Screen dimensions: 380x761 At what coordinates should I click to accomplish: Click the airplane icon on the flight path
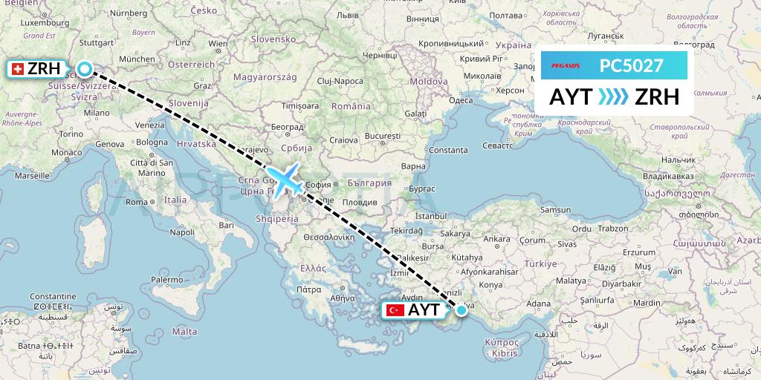click(x=285, y=180)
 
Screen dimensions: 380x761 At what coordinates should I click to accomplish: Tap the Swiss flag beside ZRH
click(x=16, y=69)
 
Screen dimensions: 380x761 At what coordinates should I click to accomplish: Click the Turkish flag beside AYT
click(x=395, y=310)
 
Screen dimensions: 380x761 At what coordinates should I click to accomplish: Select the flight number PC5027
click(x=631, y=65)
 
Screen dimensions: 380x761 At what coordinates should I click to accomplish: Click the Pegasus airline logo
click(x=569, y=65)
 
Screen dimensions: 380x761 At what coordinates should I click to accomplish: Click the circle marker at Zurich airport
click(x=85, y=69)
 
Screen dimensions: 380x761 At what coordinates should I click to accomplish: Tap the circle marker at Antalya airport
click(x=461, y=309)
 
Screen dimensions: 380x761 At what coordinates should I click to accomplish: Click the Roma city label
click(x=136, y=202)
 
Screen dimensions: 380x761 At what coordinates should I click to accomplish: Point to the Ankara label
click(x=496, y=239)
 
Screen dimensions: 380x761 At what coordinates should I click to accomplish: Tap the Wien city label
click(x=218, y=44)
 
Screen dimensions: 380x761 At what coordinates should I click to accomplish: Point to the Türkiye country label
click(x=541, y=263)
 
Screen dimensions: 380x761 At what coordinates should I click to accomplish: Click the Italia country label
click(x=175, y=200)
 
